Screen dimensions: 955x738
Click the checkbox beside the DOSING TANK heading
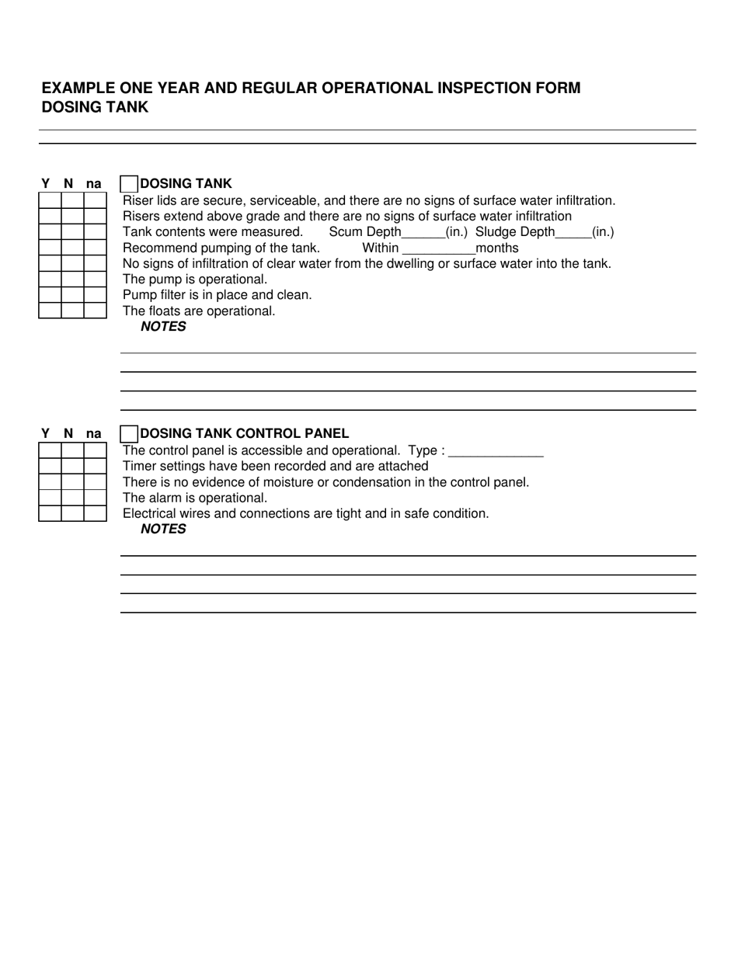(130, 184)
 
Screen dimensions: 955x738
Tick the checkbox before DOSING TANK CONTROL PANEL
(130, 434)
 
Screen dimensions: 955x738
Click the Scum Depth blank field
(423, 233)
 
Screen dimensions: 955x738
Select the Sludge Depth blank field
(573, 233)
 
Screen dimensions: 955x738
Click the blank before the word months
(439, 249)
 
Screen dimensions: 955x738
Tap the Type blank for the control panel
(496, 451)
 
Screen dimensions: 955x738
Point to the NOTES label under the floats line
(163, 327)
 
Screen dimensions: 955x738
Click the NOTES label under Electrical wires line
(163, 530)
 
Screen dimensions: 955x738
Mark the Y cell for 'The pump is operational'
(50, 280)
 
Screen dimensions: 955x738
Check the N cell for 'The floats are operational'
(72, 311)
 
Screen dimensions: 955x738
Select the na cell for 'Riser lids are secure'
(95, 200)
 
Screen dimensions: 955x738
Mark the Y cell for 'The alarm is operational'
(50, 498)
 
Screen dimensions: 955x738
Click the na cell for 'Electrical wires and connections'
(95, 513)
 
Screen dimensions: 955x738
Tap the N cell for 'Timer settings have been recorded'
(72, 466)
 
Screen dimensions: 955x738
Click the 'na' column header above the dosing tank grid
(93, 184)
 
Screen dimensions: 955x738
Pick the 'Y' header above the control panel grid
(45, 434)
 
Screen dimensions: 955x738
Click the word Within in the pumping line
(380, 248)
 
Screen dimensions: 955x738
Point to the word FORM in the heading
(559, 88)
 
